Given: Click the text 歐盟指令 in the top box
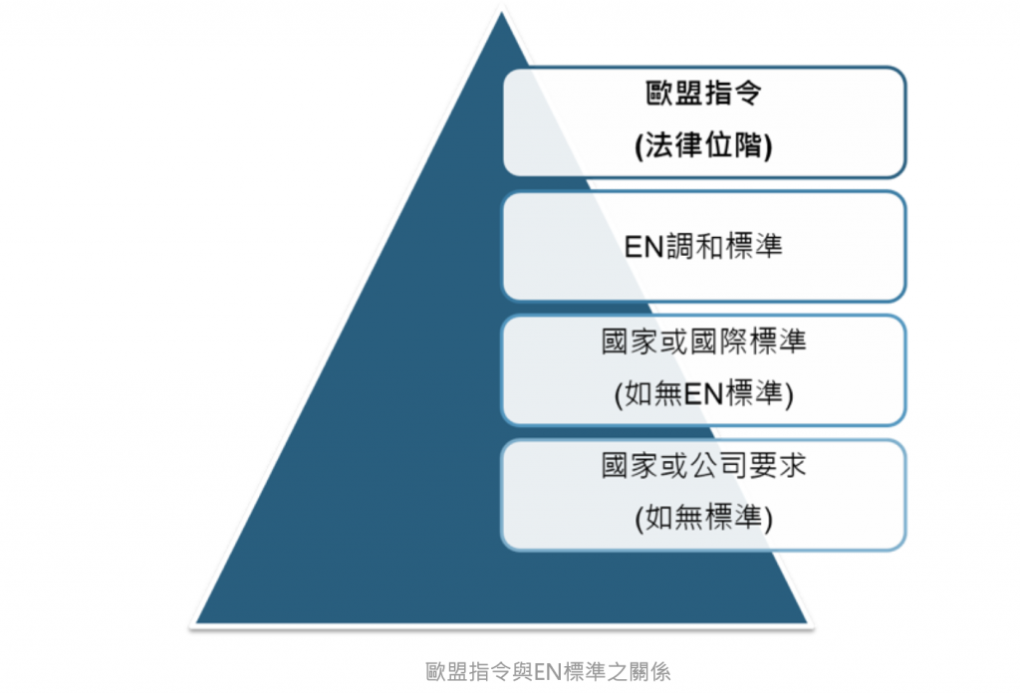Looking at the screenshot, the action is point(703,96).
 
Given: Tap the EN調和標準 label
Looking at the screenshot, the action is point(703,246).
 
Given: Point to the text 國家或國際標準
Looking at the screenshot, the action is point(703,343).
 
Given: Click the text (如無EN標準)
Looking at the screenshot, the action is point(703,393).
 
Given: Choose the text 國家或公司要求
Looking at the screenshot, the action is point(703,467).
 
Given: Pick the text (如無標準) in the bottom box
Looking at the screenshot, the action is point(703,518).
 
